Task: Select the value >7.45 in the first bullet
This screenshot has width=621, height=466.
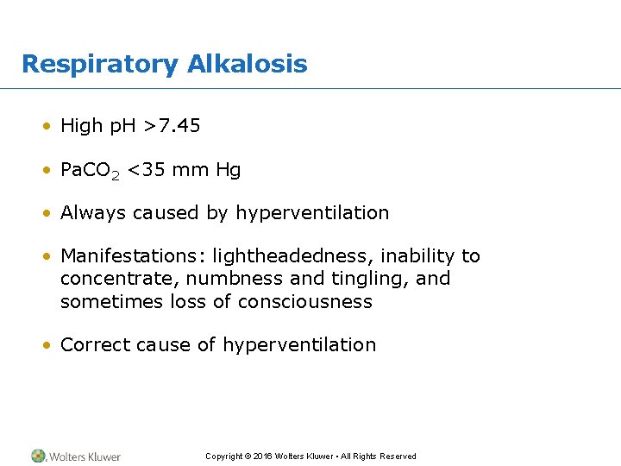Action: pos(172,126)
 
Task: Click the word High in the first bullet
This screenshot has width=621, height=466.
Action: pos(81,126)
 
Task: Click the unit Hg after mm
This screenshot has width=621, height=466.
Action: pos(229,171)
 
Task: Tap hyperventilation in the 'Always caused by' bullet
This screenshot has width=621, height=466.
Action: pos(312,213)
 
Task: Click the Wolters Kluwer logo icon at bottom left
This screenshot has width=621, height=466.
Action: pos(38,456)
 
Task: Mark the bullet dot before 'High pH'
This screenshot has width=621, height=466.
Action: pos(50,127)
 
